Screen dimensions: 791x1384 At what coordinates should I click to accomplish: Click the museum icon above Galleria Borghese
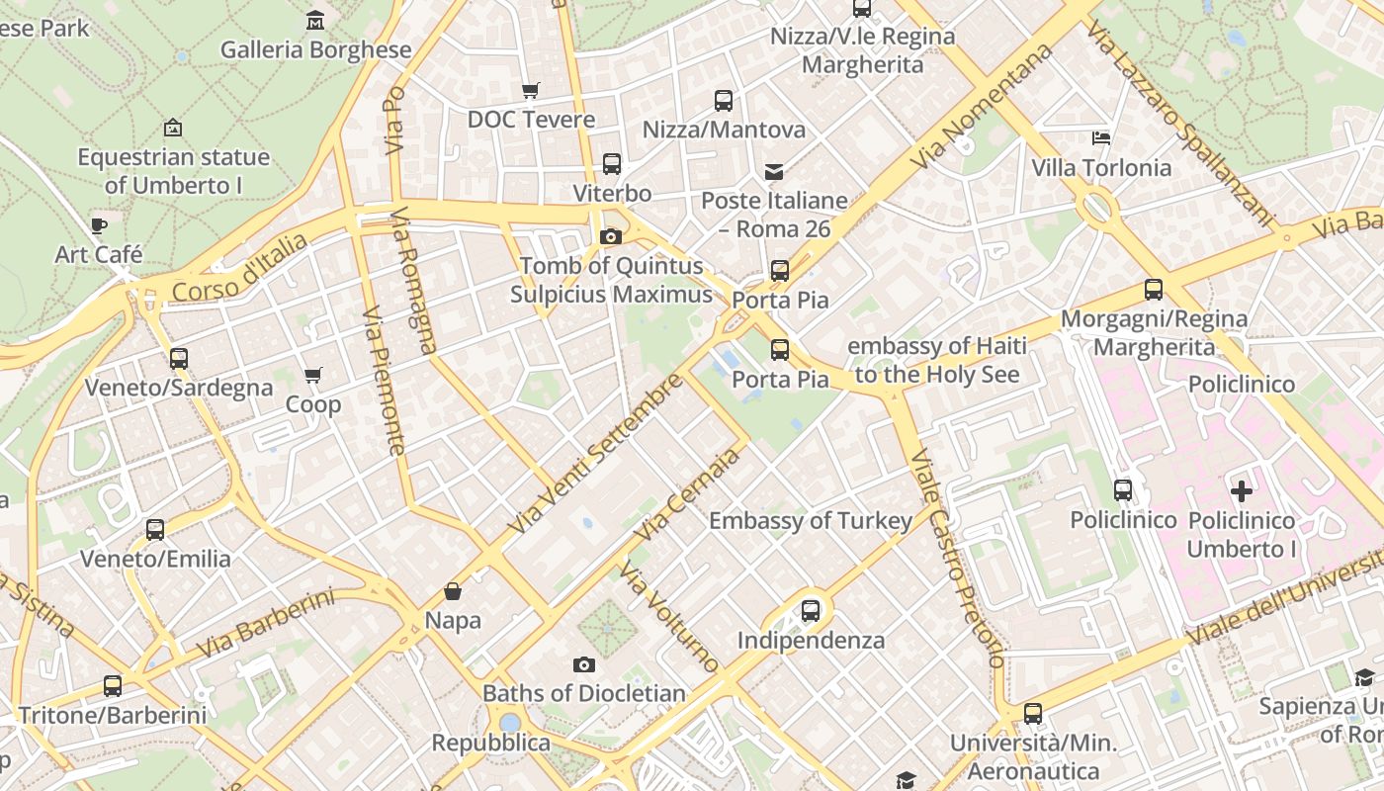click(315, 20)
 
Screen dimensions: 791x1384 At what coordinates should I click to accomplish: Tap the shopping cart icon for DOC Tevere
click(531, 91)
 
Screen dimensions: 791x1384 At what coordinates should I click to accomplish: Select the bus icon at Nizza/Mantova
click(724, 100)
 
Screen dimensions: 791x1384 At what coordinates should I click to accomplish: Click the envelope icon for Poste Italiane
click(774, 172)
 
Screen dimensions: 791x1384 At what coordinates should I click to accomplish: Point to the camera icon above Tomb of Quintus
click(610, 236)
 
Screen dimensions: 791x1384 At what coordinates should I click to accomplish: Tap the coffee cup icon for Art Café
click(99, 225)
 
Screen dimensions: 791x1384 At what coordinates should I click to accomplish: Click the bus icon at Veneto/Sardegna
click(179, 358)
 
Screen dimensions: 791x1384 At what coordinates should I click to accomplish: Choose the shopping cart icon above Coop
click(313, 375)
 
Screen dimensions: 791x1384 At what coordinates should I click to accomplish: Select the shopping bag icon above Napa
click(453, 591)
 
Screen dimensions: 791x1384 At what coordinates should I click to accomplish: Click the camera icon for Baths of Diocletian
click(584, 664)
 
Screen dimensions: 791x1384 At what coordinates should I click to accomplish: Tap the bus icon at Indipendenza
click(811, 610)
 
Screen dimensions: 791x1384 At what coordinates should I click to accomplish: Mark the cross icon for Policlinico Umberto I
click(1242, 490)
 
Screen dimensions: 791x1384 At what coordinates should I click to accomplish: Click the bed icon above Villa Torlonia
click(1101, 137)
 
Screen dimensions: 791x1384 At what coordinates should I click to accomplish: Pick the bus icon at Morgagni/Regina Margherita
click(1154, 290)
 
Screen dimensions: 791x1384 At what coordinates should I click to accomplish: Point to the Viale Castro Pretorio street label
click(956, 559)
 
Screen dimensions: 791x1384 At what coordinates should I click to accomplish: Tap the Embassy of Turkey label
click(811, 521)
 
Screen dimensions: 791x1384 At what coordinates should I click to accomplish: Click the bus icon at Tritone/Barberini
click(113, 685)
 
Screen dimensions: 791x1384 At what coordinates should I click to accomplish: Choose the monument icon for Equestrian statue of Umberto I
click(173, 128)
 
